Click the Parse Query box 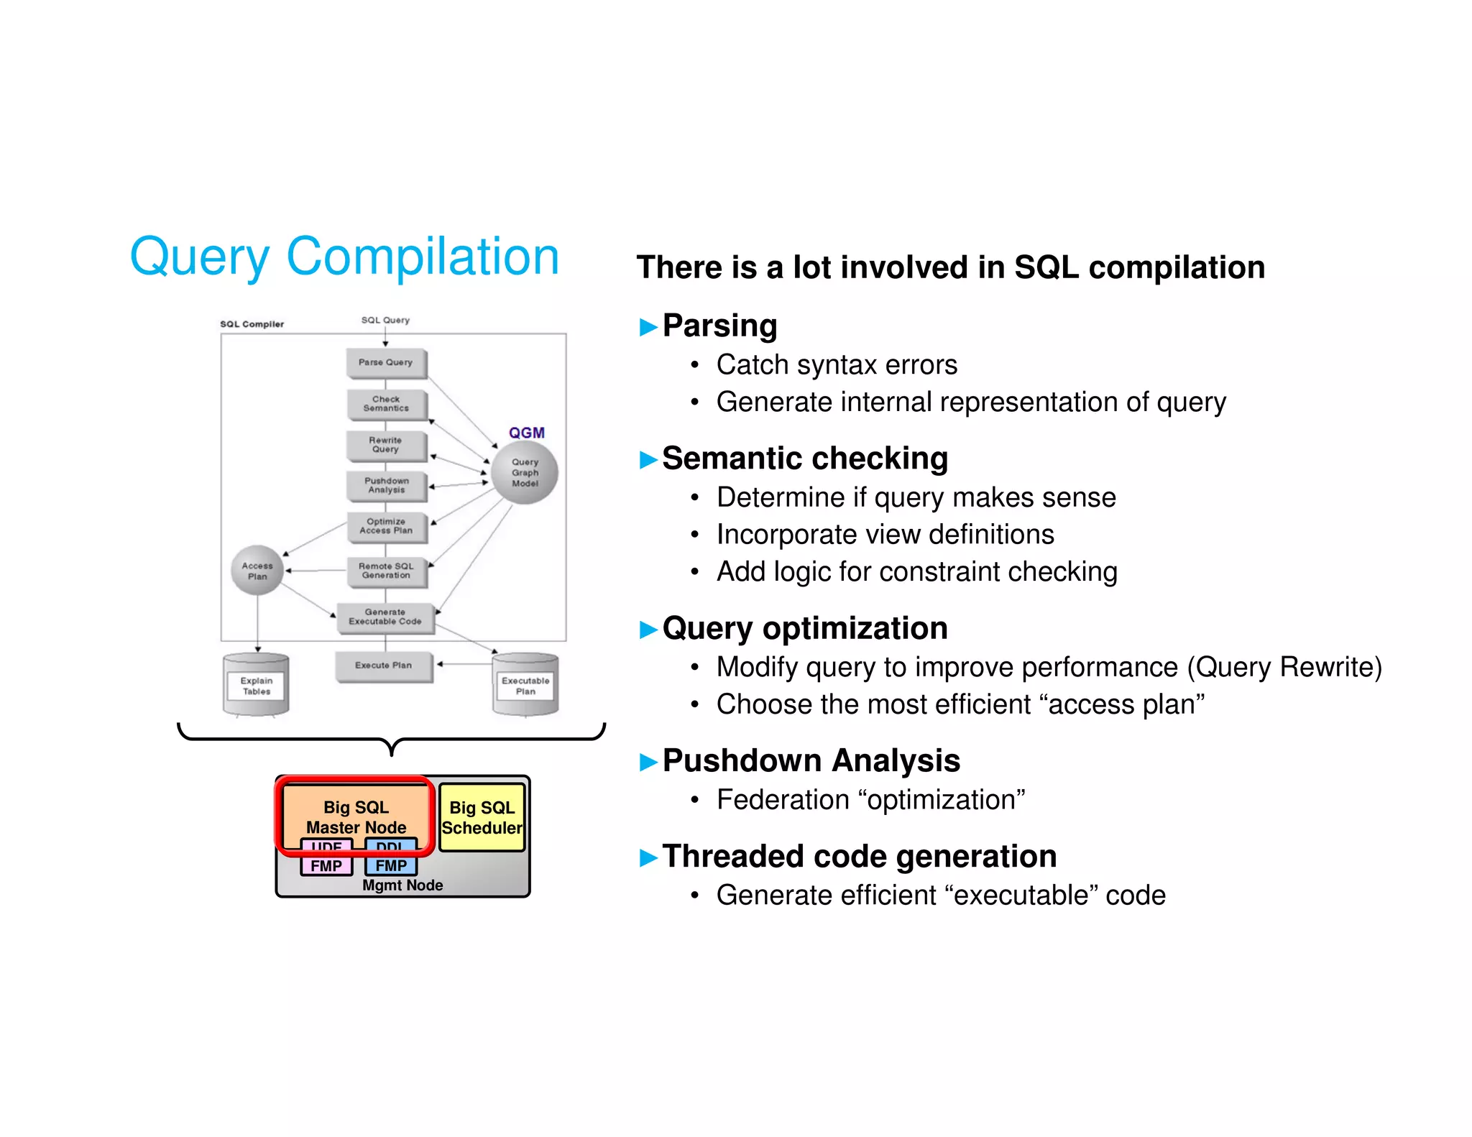coord(386,363)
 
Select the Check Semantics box coord(386,404)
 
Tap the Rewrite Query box coord(386,445)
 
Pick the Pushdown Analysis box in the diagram coord(386,486)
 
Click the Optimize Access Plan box coord(386,526)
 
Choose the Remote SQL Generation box coord(386,571)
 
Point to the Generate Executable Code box coord(385,617)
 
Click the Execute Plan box coord(384,666)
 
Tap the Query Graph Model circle coord(525,473)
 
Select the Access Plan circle coord(257,571)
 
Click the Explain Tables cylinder coord(257,686)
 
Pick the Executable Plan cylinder coord(525,686)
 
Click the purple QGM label coord(527,433)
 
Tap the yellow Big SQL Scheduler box coord(482,818)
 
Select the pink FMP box coord(326,866)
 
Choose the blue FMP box coord(391,866)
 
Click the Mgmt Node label coord(402,885)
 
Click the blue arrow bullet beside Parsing coord(648,327)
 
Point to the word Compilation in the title coord(423,257)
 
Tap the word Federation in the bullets coord(783,800)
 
